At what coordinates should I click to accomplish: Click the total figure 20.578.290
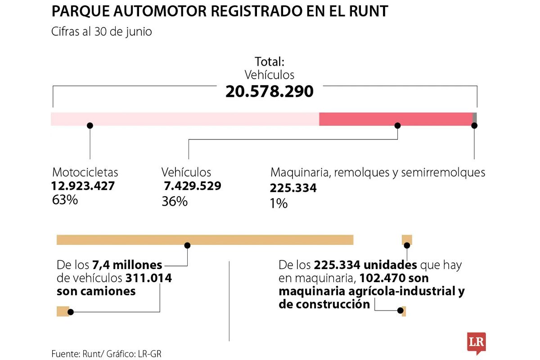[x=269, y=91]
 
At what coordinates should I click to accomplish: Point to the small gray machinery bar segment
[x=475, y=118]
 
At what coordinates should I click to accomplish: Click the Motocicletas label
[x=85, y=172]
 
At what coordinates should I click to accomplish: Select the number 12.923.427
[x=83, y=186]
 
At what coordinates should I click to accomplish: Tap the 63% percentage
[x=65, y=200]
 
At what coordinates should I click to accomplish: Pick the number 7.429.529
[x=192, y=186]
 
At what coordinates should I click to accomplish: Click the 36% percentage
[x=174, y=202]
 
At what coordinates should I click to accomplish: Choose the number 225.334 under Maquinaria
[x=293, y=188]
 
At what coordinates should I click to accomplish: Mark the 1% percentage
[x=279, y=203]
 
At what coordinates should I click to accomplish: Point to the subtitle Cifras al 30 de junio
[x=101, y=32]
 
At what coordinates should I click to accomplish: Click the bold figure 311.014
[x=148, y=278]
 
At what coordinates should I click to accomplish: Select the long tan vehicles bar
[x=205, y=240]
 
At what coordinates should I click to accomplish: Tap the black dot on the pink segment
[x=90, y=126]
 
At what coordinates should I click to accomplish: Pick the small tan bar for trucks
[x=63, y=311]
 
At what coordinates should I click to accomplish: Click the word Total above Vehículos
[x=269, y=62]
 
